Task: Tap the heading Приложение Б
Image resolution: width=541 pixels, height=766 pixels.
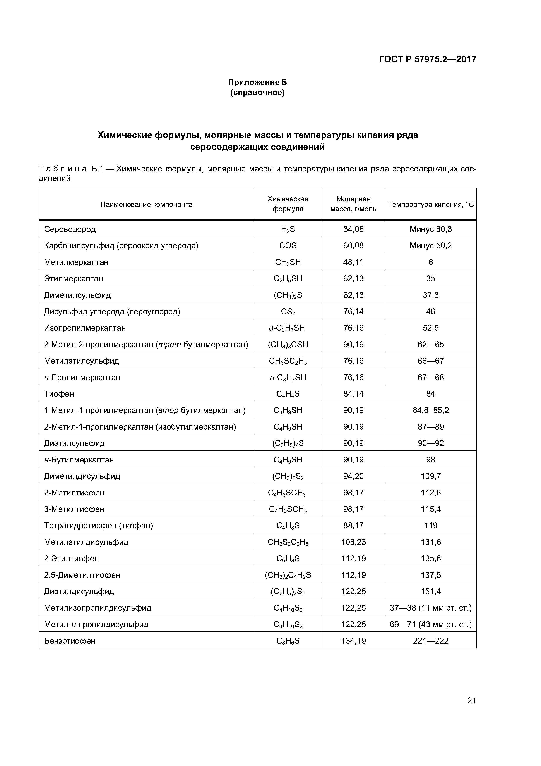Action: pyautogui.click(x=257, y=82)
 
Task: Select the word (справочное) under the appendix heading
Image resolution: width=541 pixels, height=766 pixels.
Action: pyautogui.click(x=257, y=92)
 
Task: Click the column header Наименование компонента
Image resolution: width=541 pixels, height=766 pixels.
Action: pyautogui.click(x=146, y=204)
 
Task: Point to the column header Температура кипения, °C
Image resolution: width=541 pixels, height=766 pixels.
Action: pyautogui.click(x=430, y=204)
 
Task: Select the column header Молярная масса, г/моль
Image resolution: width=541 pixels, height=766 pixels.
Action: pyautogui.click(x=353, y=204)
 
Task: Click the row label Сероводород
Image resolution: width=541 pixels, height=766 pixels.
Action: pyautogui.click(x=70, y=229)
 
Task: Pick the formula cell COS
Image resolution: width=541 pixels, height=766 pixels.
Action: pyautogui.click(x=288, y=246)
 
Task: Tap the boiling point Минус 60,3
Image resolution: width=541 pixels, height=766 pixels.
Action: pyautogui.click(x=430, y=229)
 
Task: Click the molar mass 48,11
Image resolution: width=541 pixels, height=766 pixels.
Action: pyautogui.click(x=353, y=262)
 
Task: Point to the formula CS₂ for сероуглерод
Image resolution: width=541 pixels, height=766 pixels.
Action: pyautogui.click(x=288, y=312)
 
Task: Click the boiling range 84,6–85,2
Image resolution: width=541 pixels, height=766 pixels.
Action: pyautogui.click(x=430, y=410)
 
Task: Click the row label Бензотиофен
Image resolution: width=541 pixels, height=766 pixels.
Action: pyautogui.click(x=70, y=641)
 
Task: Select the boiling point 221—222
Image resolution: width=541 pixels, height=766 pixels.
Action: pyautogui.click(x=430, y=641)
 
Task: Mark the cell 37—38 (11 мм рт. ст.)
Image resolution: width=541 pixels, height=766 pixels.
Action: pyautogui.click(x=430, y=608)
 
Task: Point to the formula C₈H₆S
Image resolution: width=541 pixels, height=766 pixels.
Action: pyautogui.click(x=288, y=641)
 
